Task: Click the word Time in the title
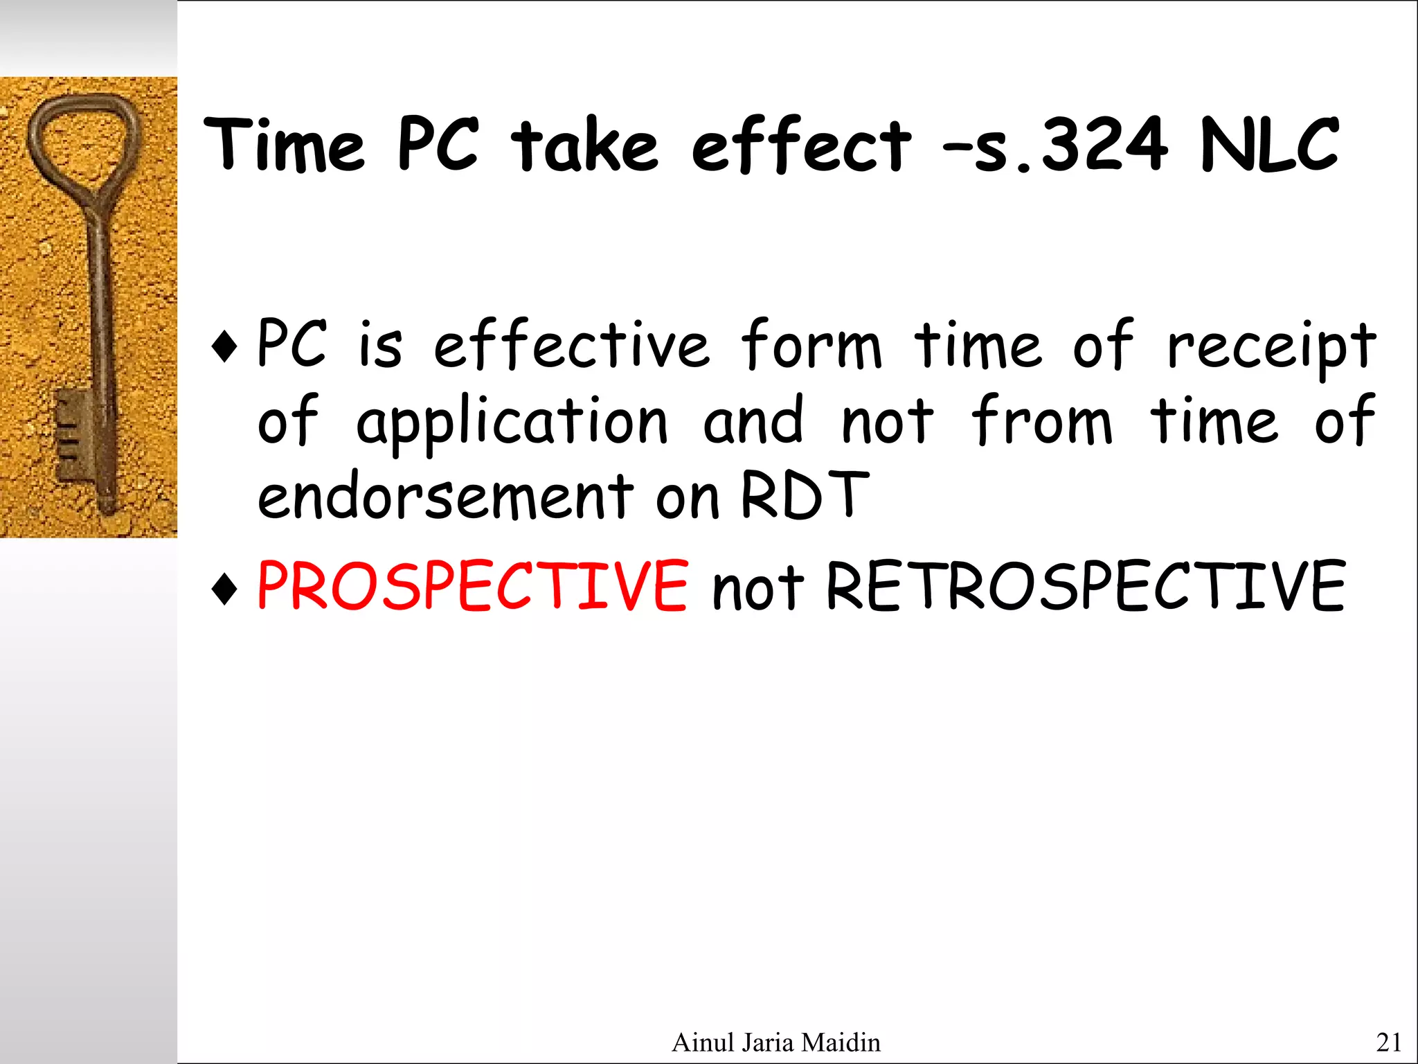tap(284, 145)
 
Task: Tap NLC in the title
tap(1269, 145)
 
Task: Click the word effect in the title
tap(801, 145)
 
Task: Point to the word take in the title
tap(585, 145)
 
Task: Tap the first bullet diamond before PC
tap(225, 345)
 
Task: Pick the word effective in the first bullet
tap(571, 345)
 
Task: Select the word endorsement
tap(445, 496)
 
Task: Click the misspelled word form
tap(811, 345)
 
